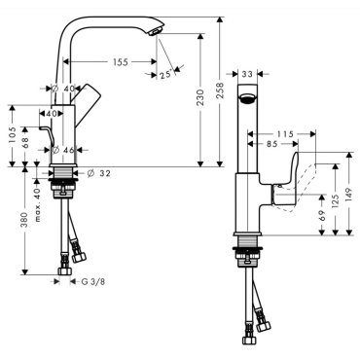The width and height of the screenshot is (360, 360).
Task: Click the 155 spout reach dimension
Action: [x=121, y=62]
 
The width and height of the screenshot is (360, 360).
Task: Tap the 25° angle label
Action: [x=165, y=75]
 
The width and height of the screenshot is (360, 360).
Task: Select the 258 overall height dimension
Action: [x=220, y=91]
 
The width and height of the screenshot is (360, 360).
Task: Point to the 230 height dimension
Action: [x=200, y=97]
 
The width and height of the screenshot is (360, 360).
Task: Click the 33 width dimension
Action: [x=247, y=74]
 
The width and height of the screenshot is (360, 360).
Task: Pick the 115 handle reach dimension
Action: [x=285, y=134]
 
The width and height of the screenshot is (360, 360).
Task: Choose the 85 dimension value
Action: [x=272, y=143]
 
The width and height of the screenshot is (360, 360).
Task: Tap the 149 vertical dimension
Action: [x=349, y=195]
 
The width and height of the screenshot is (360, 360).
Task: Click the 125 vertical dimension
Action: [x=336, y=201]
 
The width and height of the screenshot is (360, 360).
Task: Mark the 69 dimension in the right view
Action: [x=322, y=216]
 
